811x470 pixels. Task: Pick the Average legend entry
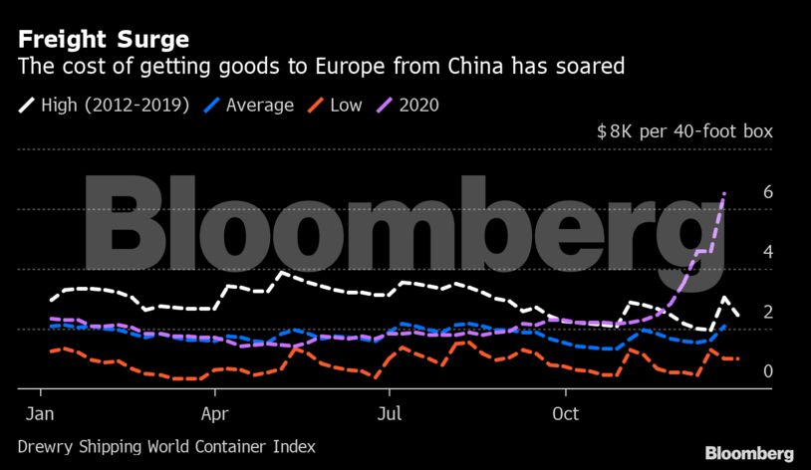(x=258, y=105)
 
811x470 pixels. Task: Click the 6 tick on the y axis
(x=767, y=192)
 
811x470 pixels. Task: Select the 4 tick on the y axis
(x=767, y=252)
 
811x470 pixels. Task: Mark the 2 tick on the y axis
(x=767, y=312)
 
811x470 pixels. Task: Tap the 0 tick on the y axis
(x=767, y=371)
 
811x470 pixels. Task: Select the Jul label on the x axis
(x=391, y=412)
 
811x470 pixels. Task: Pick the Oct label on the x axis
(x=565, y=412)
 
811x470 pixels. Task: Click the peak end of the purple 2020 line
(x=724, y=192)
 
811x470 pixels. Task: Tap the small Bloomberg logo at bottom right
(x=749, y=454)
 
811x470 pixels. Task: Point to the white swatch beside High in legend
(x=27, y=105)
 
